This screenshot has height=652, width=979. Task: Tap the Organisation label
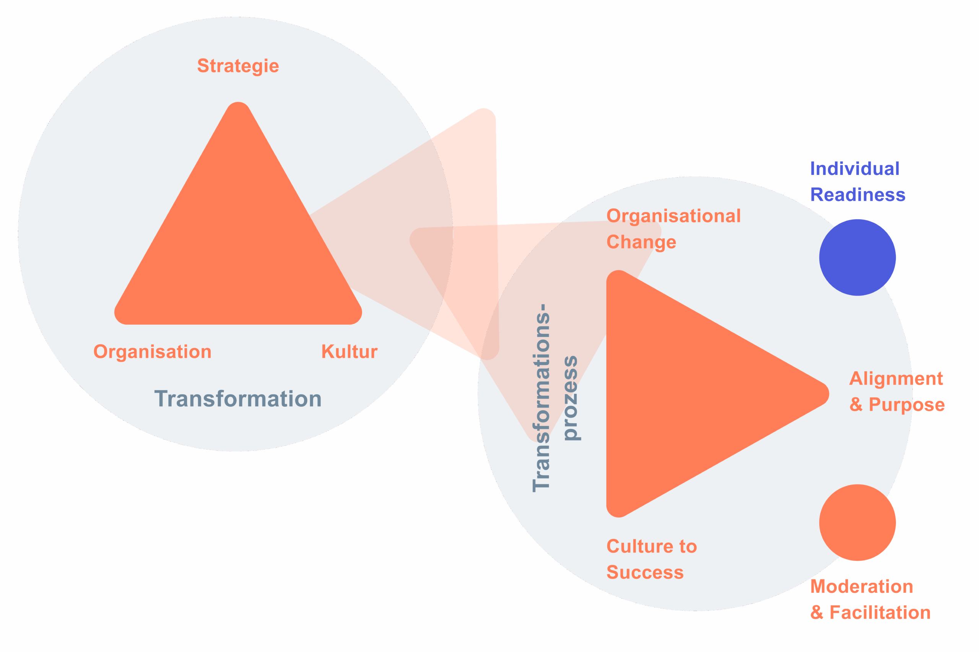(152, 352)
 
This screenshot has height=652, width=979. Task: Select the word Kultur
(349, 352)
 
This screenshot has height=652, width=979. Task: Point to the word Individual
(855, 169)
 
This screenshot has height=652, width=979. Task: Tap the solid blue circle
(857, 257)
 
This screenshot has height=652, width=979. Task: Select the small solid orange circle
(857, 523)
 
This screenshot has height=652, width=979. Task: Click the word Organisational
(673, 216)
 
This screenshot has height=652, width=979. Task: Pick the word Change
(641, 242)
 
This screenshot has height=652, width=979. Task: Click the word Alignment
(896, 379)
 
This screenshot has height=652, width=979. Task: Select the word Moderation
(862, 587)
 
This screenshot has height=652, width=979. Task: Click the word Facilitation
(880, 613)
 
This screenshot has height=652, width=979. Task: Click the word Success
(645, 573)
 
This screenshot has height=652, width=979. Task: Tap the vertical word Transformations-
(542, 398)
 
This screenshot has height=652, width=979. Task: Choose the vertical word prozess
(571, 398)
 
